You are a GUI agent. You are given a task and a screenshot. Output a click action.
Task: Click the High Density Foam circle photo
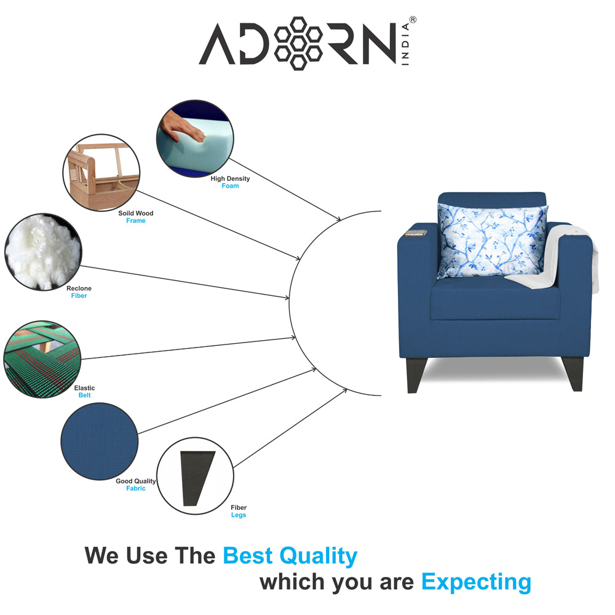pos(195,139)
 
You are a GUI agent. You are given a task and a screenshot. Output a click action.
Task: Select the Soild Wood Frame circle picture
pos(101,172)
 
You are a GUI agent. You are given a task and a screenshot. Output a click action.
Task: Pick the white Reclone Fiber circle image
pos(42,251)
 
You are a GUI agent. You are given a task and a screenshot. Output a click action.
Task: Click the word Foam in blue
pos(230,186)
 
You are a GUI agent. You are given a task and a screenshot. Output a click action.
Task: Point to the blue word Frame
pos(135,221)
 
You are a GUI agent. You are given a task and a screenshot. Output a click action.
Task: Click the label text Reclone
pos(79,288)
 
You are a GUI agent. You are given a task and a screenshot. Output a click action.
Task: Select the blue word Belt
pos(84,395)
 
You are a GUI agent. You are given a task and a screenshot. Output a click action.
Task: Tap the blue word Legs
pos(238,515)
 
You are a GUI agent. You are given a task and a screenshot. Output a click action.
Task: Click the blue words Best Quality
pos(290,555)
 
